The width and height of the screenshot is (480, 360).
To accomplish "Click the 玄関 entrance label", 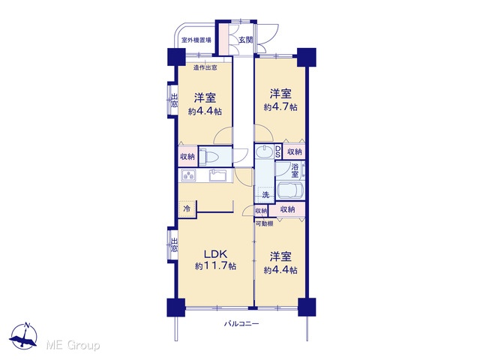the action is point(246,40).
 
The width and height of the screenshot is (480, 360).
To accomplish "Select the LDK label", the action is point(215,254).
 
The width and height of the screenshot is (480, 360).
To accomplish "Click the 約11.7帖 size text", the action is point(215,266).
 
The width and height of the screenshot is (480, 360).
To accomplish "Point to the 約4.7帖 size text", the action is point(280,107).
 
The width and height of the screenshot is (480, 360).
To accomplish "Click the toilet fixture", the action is point(209,156).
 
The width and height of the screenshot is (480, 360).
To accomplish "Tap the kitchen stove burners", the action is point(188,175).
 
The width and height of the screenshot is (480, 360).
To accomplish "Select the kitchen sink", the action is point(217,175).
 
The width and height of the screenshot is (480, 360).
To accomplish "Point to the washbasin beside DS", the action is point(264,151).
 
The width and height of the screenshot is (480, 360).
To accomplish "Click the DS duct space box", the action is point(278,151).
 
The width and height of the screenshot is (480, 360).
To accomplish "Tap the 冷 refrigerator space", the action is point(187,208).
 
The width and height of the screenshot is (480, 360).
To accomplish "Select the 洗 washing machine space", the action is point(265,194).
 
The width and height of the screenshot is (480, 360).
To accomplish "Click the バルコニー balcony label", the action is point(241,324).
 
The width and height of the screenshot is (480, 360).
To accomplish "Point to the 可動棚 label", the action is point(264,223).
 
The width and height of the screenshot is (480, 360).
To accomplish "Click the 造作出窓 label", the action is point(205,67).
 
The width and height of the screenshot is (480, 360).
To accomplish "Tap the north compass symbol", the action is point(24,335).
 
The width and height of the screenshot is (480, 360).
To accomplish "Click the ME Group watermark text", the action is point(73,345).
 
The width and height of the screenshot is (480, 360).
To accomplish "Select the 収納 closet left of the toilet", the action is point(187,156).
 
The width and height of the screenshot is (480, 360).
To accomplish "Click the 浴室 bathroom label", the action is point(295,171).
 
